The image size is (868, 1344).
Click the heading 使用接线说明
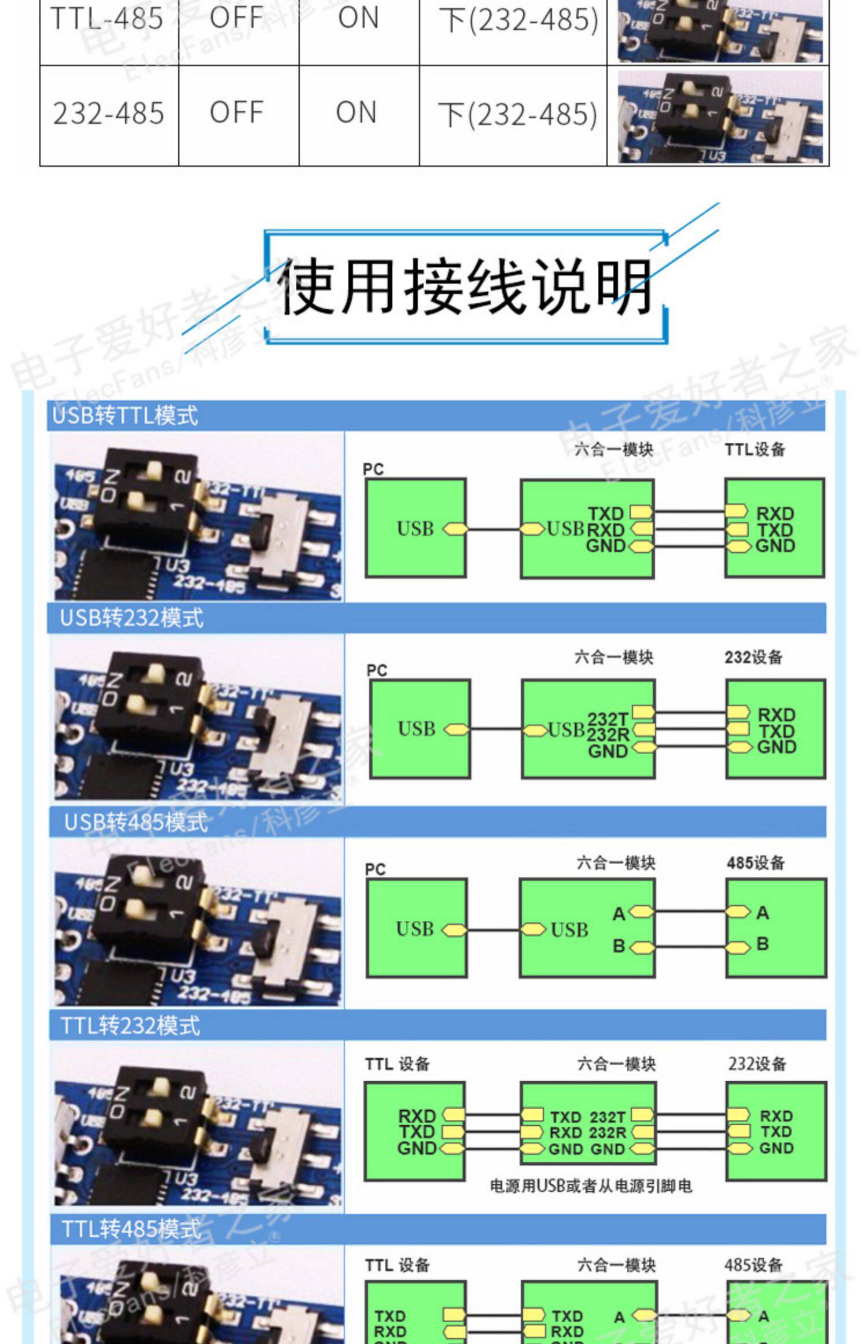466,287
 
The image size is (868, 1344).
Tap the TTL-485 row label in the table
107,19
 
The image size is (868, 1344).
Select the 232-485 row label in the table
109,113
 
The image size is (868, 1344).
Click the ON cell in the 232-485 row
356,112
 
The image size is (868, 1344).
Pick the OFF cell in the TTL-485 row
237,18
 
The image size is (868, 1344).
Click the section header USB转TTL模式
125,416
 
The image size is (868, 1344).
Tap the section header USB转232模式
132,618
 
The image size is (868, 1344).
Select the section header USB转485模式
136,822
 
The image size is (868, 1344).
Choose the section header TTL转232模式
131,1026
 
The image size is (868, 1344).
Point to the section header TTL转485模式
131,1229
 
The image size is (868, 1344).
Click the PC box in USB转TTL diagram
415,528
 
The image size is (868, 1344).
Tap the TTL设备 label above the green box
755,449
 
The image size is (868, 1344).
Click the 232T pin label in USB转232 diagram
607,719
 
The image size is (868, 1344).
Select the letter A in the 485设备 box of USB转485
763,913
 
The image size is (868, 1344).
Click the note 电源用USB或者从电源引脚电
591,1186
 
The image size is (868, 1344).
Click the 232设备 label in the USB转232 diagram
753,657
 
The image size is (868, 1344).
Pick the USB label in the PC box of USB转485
414,929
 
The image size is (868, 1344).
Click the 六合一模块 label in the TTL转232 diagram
616,1064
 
